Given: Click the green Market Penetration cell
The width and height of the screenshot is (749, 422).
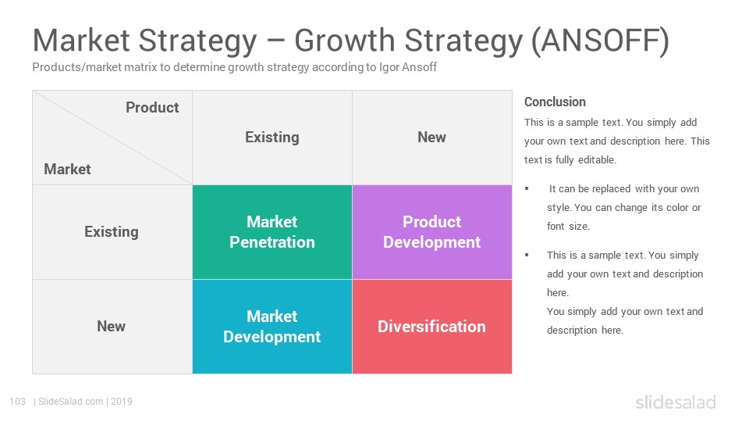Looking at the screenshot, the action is (272, 232).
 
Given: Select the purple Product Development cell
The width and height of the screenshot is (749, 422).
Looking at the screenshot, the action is (431, 232).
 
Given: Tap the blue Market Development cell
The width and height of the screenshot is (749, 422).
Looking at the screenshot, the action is (272, 327).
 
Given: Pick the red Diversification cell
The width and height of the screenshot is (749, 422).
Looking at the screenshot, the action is (431, 327).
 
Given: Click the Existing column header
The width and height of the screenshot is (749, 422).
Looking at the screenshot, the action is (272, 138).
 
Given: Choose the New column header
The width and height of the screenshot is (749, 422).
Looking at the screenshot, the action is (431, 138).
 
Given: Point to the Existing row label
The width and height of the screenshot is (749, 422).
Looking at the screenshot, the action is (112, 232).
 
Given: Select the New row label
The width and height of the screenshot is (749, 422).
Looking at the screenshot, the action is (112, 327).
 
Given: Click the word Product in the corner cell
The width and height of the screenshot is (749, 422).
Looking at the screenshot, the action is (152, 108).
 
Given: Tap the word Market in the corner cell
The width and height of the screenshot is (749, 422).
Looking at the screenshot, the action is (67, 170).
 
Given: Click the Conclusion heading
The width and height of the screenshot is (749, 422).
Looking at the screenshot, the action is (555, 102).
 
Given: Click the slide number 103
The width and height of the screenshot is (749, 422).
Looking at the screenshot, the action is (17, 402).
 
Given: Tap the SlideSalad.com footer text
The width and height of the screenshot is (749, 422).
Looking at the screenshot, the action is (71, 402).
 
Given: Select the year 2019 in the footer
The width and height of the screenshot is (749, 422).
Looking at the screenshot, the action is (122, 402).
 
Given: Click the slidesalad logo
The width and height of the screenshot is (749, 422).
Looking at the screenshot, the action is (676, 402).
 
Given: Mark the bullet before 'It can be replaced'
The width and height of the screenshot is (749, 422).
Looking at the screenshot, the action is (527, 189).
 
